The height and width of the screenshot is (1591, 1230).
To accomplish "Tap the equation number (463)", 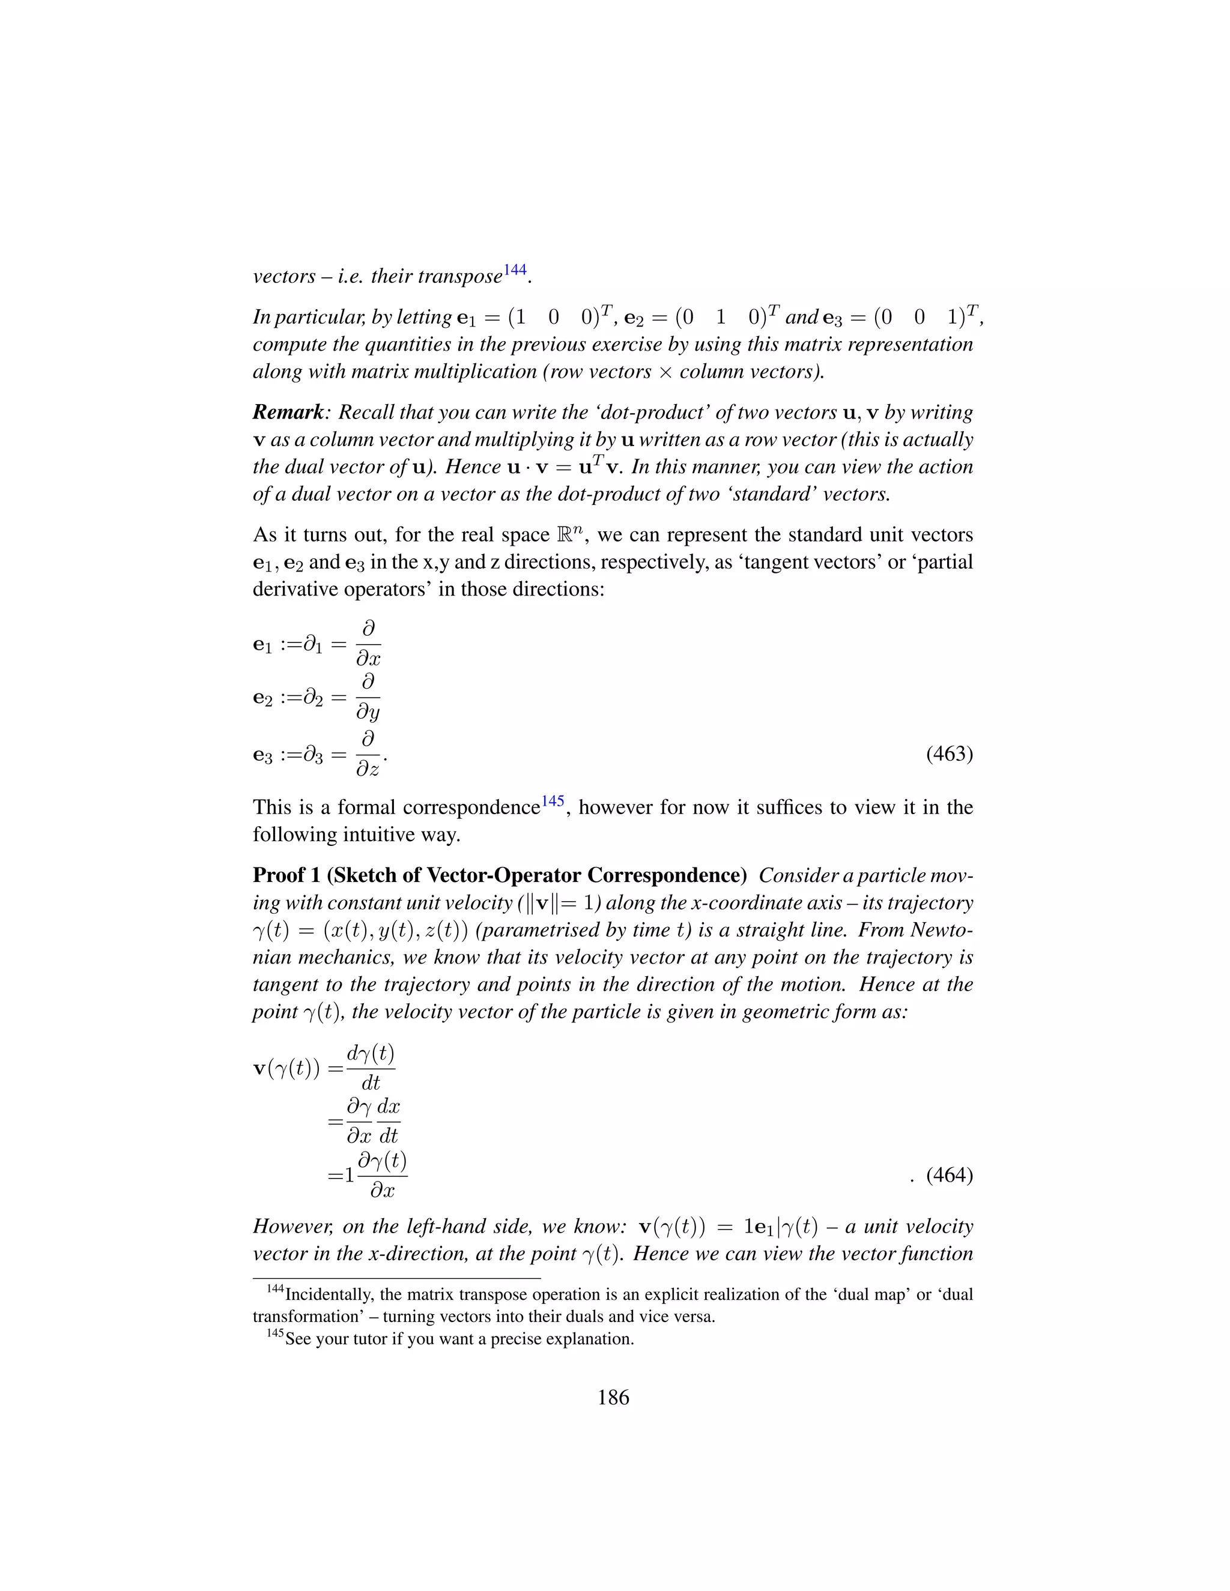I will pyautogui.click(x=950, y=753).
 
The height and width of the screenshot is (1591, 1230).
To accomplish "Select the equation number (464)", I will pyautogui.click(x=950, y=1175).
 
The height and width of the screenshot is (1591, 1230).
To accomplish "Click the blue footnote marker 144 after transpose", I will pyautogui.click(x=515, y=270).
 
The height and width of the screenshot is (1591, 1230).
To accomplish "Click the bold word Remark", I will pyautogui.click(x=288, y=412).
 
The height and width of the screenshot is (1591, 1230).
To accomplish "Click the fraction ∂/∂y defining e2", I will pyautogui.click(x=368, y=698).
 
